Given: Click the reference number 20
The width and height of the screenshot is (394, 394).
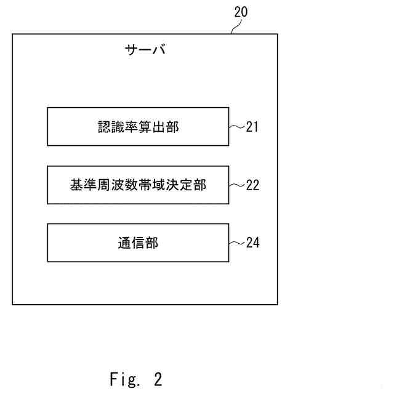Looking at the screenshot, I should click(x=241, y=12).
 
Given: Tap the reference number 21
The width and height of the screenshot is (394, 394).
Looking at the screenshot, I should click(x=252, y=127).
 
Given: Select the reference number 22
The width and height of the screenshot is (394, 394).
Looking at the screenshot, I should click(x=252, y=185).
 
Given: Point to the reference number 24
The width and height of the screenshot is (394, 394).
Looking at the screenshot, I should click(x=252, y=243).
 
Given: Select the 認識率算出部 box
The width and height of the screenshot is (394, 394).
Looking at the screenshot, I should click(x=138, y=127).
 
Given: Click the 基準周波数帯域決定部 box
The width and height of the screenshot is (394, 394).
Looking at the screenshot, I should click(x=138, y=185).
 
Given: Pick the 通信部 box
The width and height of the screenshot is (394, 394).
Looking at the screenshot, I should click(x=138, y=243).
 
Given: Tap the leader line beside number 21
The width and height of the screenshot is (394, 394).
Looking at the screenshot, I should click(x=236, y=127).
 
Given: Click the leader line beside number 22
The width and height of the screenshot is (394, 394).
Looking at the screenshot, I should click(x=236, y=185).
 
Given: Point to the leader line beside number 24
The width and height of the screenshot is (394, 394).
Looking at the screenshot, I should click(x=236, y=243).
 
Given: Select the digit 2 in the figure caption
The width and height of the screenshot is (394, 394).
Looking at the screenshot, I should click(x=158, y=378).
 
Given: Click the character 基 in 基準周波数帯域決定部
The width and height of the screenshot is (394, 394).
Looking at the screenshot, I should click(x=76, y=185).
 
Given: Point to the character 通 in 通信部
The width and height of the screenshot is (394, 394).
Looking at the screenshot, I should click(x=124, y=243).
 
